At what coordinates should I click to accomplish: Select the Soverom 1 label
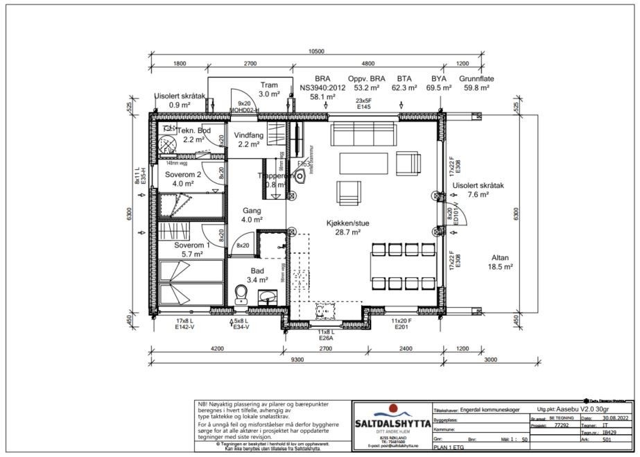pyautogui.click(x=192, y=245)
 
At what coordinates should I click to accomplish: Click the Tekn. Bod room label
pyautogui.click(x=193, y=130)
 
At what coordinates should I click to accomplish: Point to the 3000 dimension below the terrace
pyautogui.click(x=489, y=361)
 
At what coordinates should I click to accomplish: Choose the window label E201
pyautogui.click(x=401, y=327)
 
